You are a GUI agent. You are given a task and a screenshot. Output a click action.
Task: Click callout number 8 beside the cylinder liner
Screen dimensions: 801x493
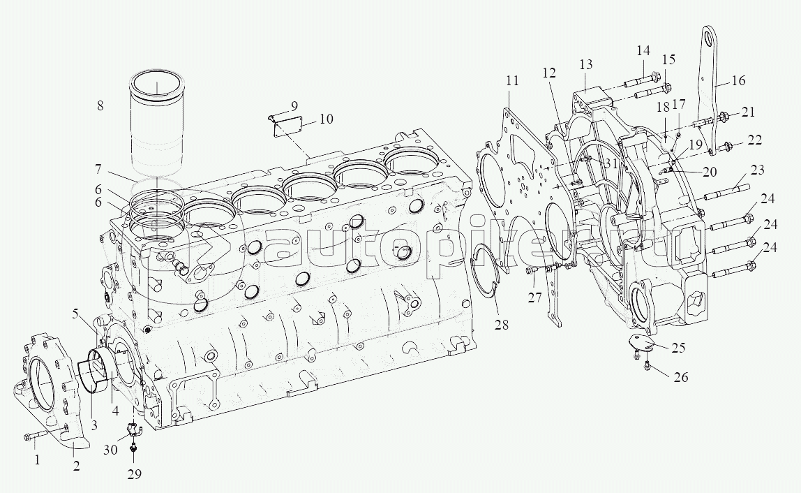pyautogui.click(x=100, y=105)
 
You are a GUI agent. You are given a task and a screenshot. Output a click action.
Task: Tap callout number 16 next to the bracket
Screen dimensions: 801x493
pyautogui.click(x=738, y=80)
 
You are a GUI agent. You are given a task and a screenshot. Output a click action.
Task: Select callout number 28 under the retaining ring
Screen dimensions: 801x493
pyautogui.click(x=502, y=324)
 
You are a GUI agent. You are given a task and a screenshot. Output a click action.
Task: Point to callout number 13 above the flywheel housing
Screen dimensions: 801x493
pyautogui.click(x=586, y=64)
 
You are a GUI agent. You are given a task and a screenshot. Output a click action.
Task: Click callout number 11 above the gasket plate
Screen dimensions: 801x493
pyautogui.click(x=512, y=80)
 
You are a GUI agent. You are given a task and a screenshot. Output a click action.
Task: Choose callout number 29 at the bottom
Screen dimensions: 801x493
pyautogui.click(x=135, y=473)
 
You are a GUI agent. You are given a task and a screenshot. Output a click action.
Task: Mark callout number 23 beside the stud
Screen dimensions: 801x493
pyautogui.click(x=758, y=169)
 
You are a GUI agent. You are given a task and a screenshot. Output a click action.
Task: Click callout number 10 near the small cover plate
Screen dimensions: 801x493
pyautogui.click(x=326, y=119)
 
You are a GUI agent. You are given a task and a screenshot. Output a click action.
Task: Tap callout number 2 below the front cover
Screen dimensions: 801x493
pyautogui.click(x=76, y=466)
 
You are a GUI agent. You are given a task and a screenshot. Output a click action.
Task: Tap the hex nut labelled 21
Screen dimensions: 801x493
pyautogui.click(x=722, y=118)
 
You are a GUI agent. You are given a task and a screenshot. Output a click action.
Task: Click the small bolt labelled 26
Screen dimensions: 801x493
pyautogui.click(x=647, y=364)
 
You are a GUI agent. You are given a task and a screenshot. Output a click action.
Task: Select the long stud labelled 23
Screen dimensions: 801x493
pyautogui.click(x=727, y=192)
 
